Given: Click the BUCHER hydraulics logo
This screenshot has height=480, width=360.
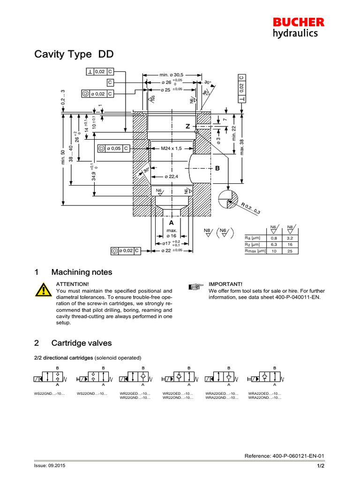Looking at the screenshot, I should pos(299,27).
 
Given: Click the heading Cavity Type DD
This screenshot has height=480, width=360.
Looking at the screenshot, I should pos(74,55).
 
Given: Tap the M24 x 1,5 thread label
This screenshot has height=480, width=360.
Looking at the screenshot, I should pos(171,148).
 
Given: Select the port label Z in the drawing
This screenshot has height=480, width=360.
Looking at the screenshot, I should pos(187,127).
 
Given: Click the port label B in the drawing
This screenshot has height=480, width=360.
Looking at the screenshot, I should pos(217,168).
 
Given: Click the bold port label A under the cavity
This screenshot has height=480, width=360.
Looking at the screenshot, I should pos(172,223).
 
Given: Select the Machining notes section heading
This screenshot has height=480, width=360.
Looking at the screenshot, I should pos(82,272).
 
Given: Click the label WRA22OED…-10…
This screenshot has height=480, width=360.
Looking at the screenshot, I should pos(265,393).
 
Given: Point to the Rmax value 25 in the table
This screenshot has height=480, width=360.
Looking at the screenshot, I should pos(290,251).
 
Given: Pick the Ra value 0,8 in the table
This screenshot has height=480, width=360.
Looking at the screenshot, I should pos(273,238).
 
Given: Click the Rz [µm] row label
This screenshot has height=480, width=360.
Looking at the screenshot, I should pos(253,245).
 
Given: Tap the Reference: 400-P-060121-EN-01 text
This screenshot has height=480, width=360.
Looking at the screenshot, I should pos(285,456).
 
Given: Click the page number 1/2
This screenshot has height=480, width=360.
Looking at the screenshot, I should pos(321,465).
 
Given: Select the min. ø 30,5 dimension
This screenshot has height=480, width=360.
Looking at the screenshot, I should pos(172,75).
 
